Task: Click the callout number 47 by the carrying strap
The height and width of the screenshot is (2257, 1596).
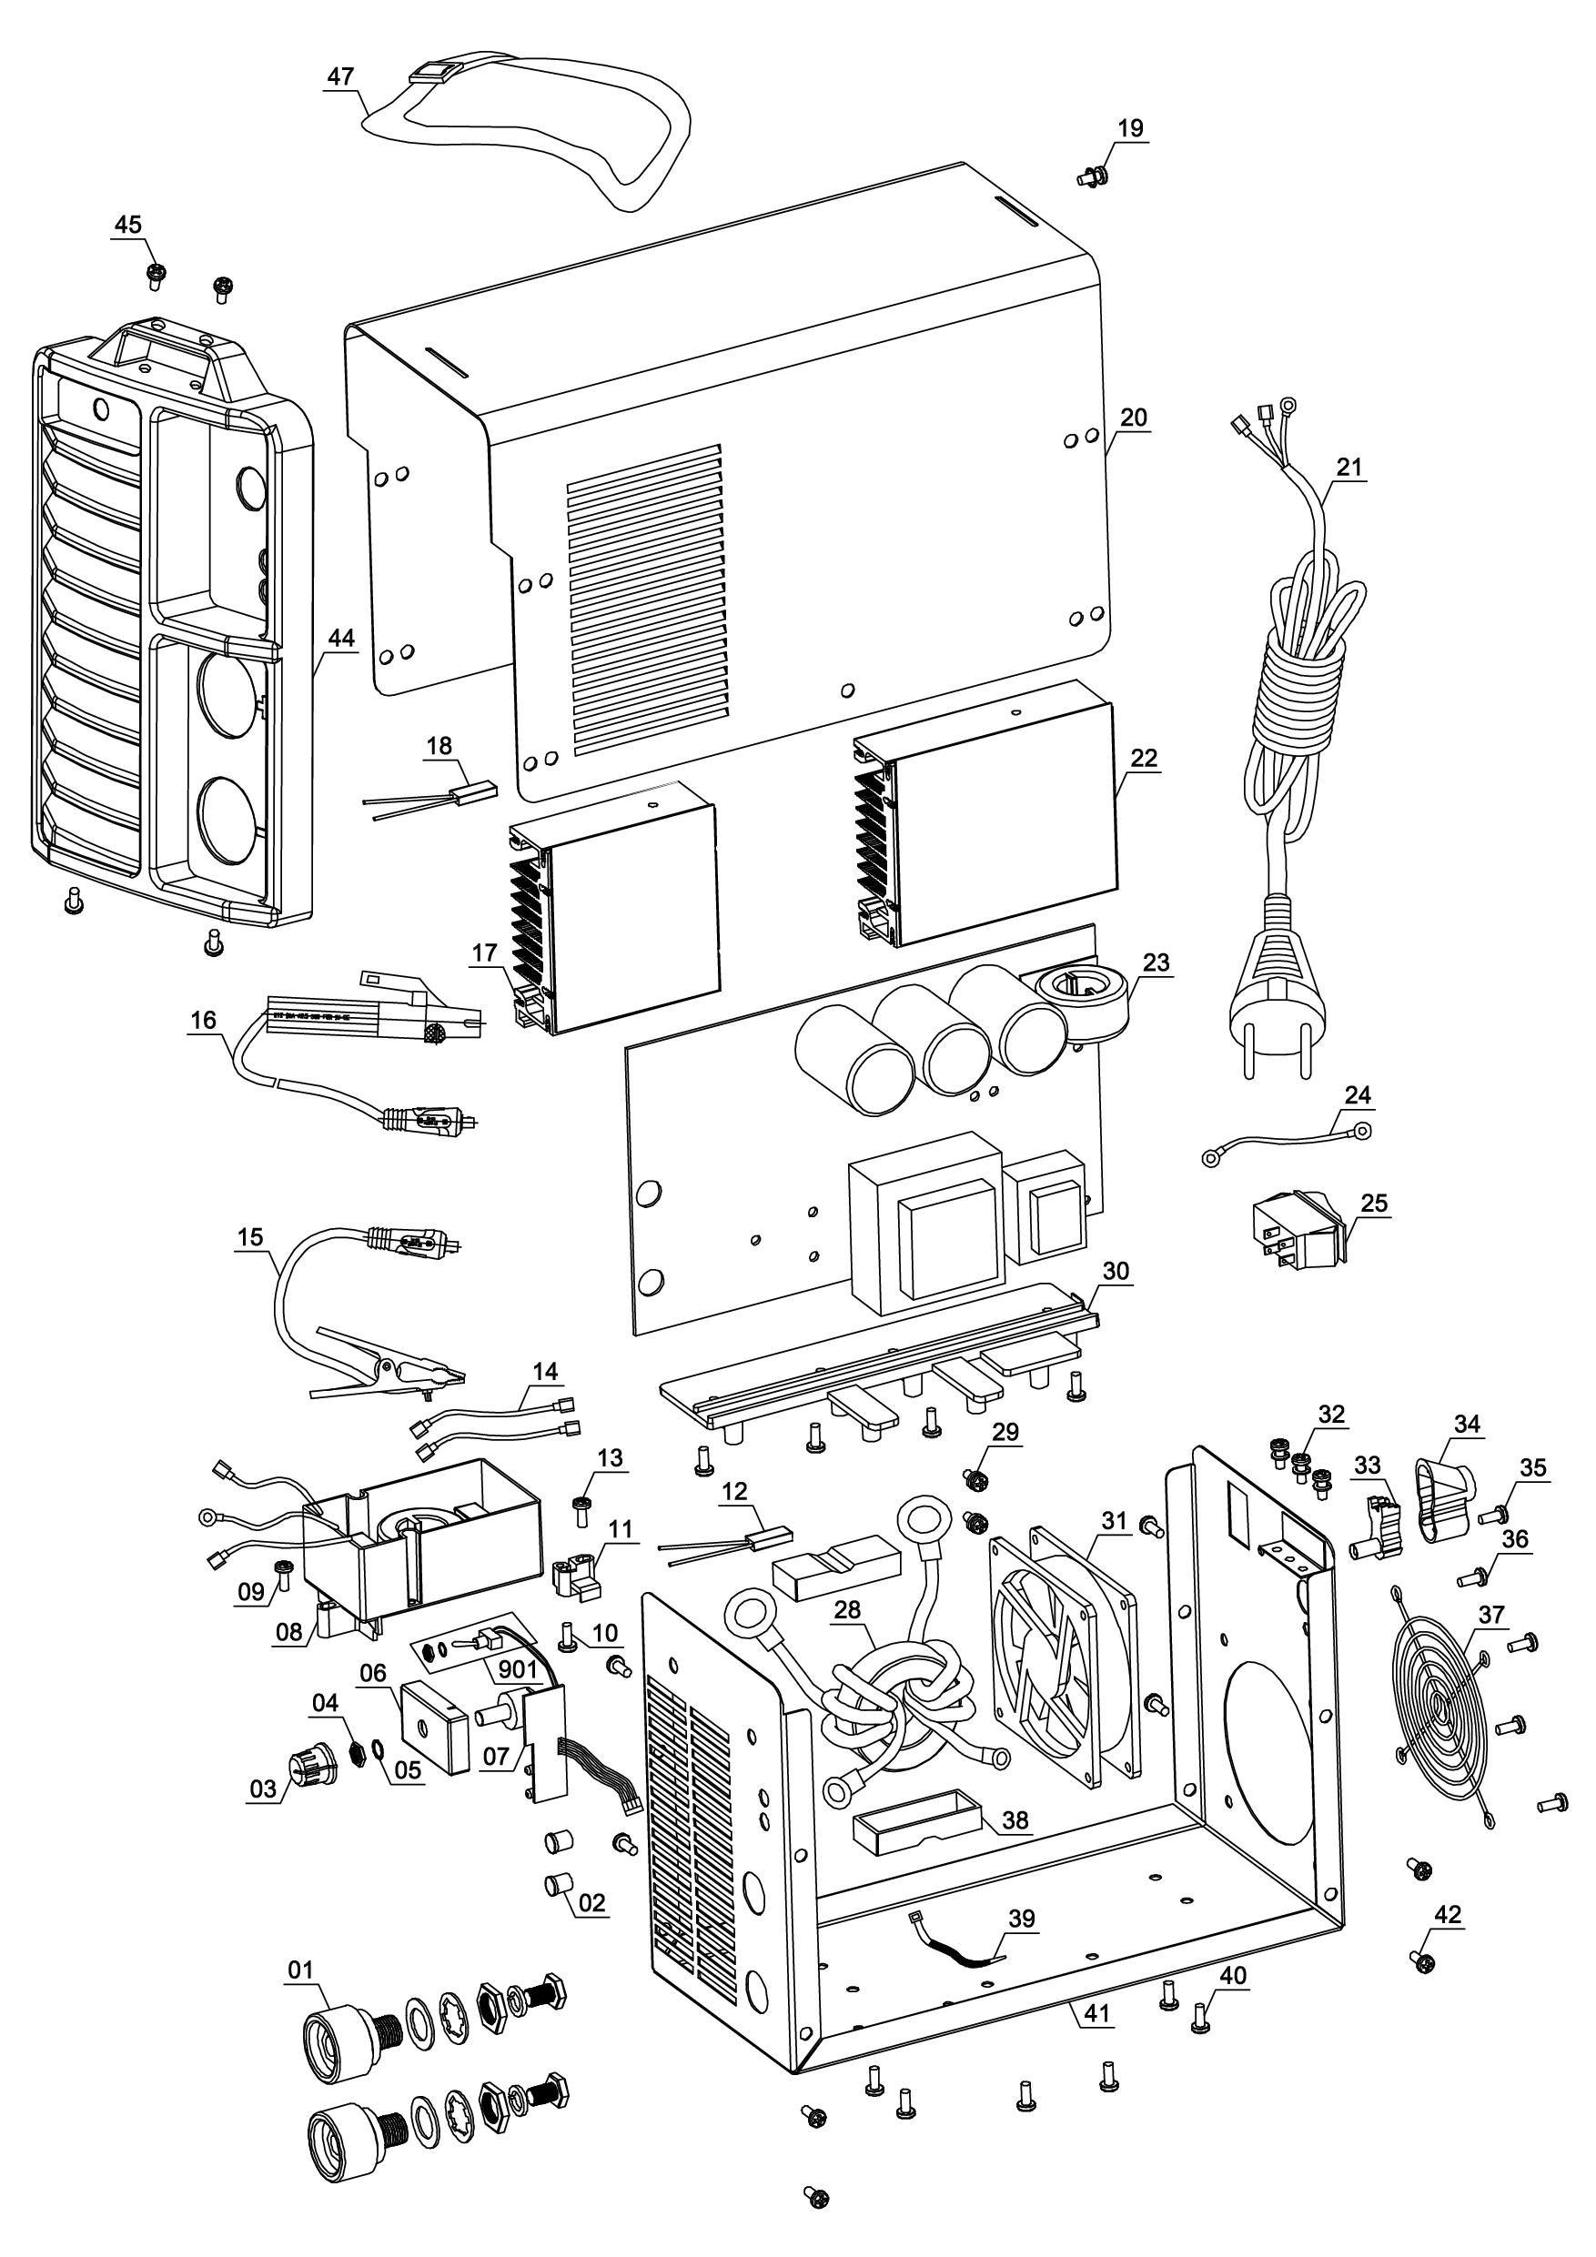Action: [340, 77]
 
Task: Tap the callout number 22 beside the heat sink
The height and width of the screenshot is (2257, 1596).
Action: [1145, 758]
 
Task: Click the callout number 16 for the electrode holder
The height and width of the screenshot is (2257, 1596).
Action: [204, 1021]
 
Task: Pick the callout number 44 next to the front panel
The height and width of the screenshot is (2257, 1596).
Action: [340, 638]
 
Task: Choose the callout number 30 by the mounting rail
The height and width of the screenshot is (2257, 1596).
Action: [1116, 1271]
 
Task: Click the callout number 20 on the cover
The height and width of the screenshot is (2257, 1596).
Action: [1134, 418]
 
